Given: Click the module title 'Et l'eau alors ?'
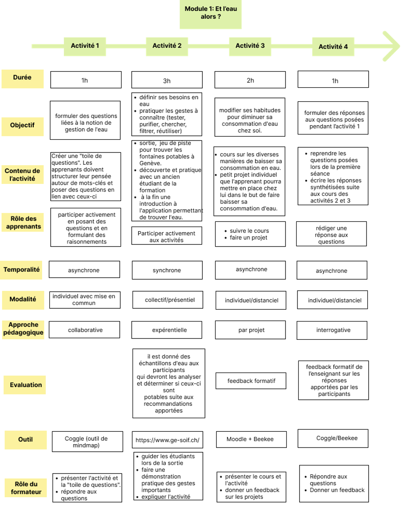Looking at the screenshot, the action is pos(211,13).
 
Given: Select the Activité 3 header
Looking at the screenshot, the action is pos(250,46).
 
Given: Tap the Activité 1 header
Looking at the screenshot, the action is pos(85,46).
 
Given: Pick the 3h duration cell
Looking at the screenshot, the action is pos(167,80).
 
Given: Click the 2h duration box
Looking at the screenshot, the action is pos(250,80).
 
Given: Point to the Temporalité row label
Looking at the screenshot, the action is pos(21,270).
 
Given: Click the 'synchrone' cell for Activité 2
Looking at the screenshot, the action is pos(167,270).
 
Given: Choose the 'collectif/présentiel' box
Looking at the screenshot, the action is pos(168,300).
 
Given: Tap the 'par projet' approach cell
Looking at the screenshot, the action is pos(250,330).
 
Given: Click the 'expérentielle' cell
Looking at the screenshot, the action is pos(167,330).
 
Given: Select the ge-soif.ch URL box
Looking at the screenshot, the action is pos(167,440).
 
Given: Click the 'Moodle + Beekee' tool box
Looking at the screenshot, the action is pos(251,439).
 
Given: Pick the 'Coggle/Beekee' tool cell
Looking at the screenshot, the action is pos(333,438).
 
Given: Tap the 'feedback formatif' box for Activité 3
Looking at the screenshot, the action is pos(251,381).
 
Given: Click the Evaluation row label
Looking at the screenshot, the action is pos(25,385).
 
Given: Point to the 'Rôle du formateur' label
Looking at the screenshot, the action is pos(26,488).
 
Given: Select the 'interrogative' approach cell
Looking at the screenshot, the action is pos(332,330).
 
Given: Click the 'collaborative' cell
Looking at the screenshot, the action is pos(84,330).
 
